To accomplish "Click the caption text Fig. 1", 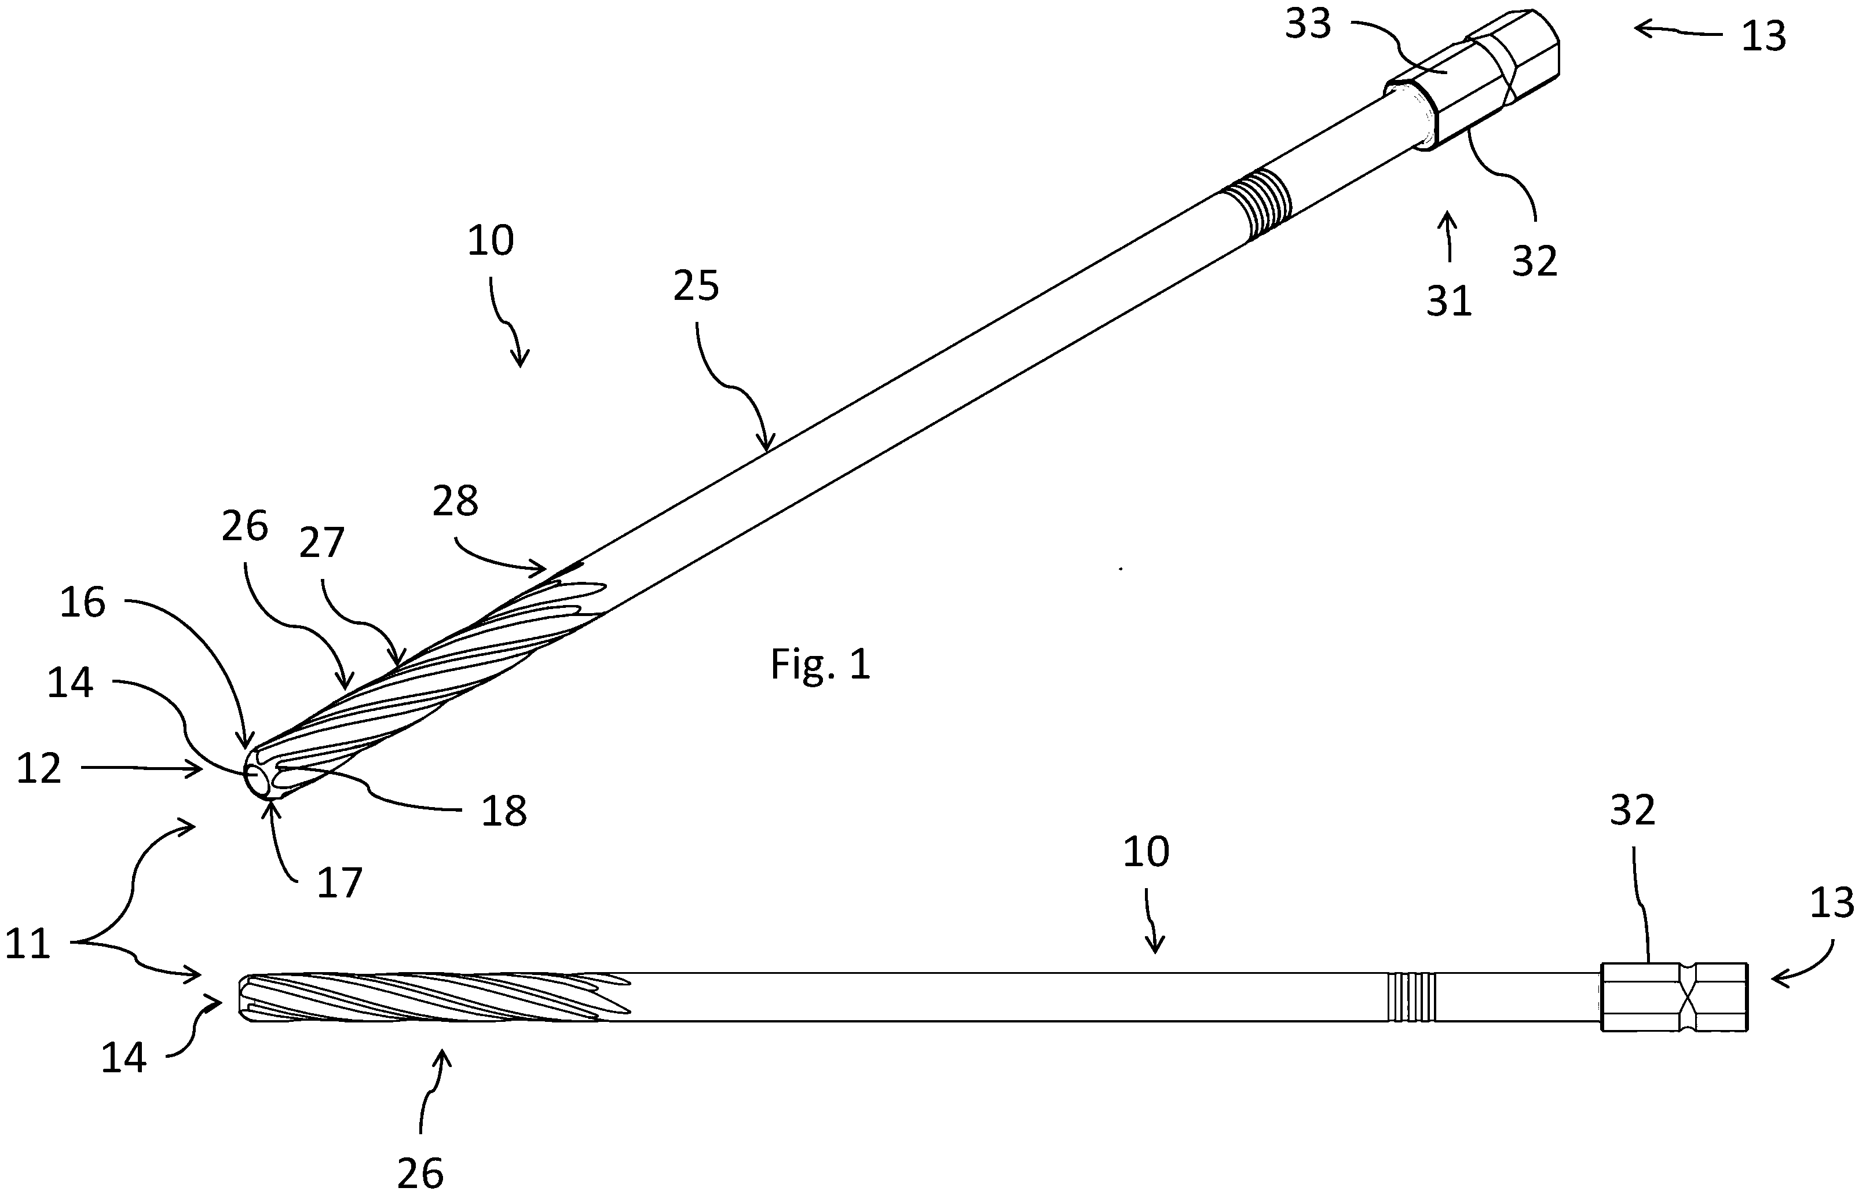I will click(x=819, y=665).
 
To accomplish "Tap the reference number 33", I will click(x=1308, y=24).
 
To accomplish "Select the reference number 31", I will click(x=1448, y=301).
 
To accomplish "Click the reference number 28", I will click(x=455, y=501).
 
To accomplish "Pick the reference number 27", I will click(x=321, y=542).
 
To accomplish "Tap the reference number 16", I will click(x=82, y=602).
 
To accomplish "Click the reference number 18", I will click(x=504, y=811).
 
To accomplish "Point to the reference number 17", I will click(x=339, y=882).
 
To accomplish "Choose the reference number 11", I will click(x=28, y=944).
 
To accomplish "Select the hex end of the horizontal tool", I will click(x=1674, y=997).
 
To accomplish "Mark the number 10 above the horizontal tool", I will click(x=1146, y=852).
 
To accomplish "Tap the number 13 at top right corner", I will click(x=1763, y=36).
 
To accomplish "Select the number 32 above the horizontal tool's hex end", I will click(x=1633, y=810).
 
